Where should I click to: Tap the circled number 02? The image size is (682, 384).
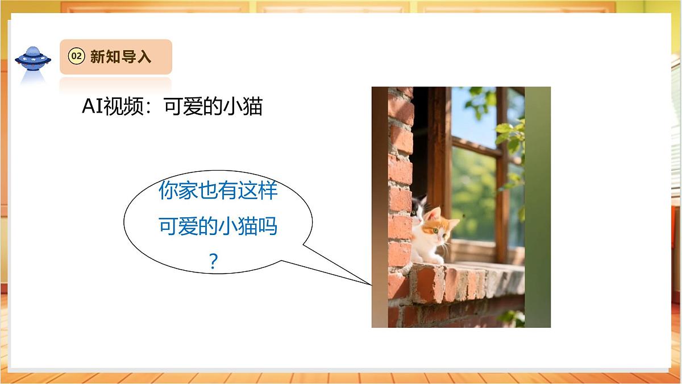pos(76,56)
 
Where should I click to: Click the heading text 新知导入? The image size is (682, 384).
pos(120,56)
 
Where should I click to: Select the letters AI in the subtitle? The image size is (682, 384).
pos(92,107)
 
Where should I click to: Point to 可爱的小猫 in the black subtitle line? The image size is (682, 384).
pos(213,107)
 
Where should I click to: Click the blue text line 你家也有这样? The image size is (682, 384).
pos(218,191)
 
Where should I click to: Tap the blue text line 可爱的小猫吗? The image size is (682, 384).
pos(218,227)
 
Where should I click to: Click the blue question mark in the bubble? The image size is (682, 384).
pos(214,262)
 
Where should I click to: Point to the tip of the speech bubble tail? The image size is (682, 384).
pos(370,283)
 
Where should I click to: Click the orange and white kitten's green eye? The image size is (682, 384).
pos(435,231)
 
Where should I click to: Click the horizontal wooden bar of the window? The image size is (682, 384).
pos(477,147)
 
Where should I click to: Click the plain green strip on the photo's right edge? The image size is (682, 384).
pos(538,205)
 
